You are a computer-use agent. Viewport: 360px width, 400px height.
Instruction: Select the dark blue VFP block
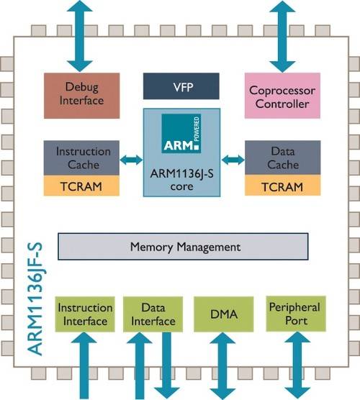click(180, 86)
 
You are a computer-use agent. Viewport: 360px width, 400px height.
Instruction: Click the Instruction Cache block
click(83, 158)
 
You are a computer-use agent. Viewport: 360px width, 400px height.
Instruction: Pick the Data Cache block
click(283, 158)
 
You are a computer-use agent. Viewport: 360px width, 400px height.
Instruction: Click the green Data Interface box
click(149, 314)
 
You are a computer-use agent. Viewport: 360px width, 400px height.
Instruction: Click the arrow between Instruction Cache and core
click(129, 158)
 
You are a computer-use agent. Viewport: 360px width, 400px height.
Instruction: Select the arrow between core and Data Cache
click(233, 158)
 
